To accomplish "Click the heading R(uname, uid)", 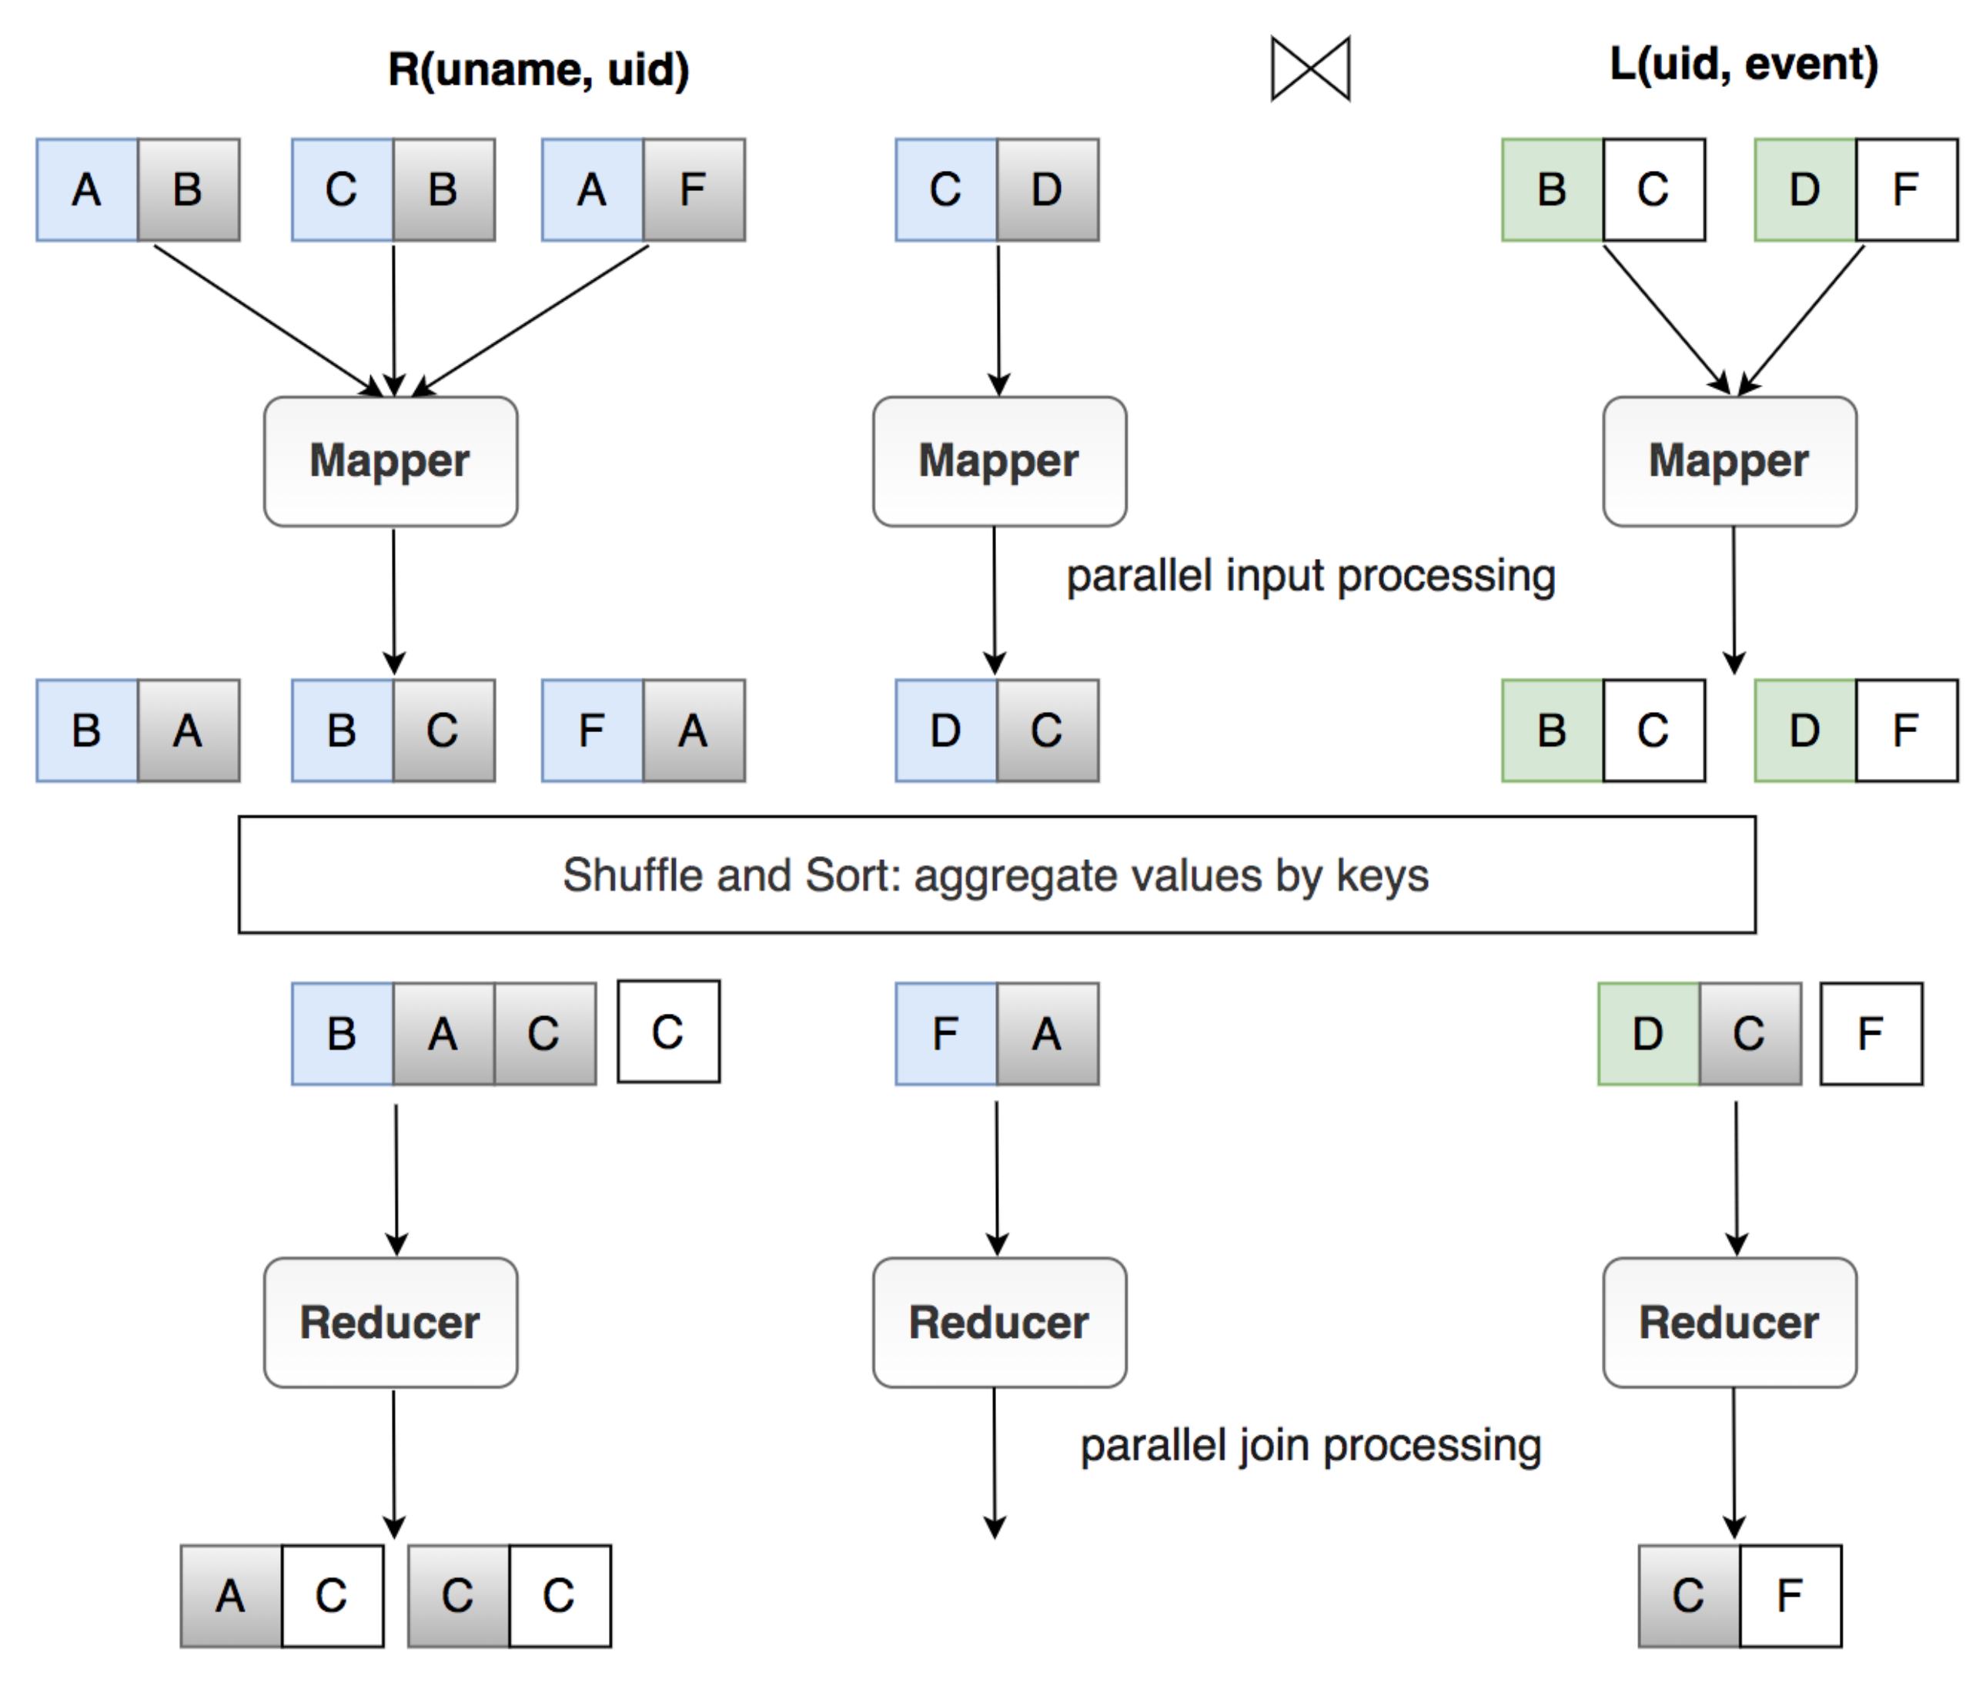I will pyautogui.click(x=538, y=70).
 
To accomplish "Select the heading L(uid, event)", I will pyautogui.click(x=1743, y=64).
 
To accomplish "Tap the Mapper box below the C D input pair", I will pyautogui.click(x=998, y=461).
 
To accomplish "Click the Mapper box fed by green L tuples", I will pyautogui.click(x=1729, y=461).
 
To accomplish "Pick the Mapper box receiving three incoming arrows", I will pyautogui.click(x=390, y=461).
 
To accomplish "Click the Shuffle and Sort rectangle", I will pyautogui.click(x=996, y=874).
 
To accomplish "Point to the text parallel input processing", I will pyautogui.click(x=1310, y=576).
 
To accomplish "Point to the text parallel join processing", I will pyautogui.click(x=1310, y=1445).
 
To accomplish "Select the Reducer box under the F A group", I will pyautogui.click(x=998, y=1322).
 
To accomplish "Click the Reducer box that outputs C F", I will pyautogui.click(x=1729, y=1322).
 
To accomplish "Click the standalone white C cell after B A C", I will pyautogui.click(x=668, y=1032).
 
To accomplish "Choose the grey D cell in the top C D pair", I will pyautogui.click(x=1048, y=189).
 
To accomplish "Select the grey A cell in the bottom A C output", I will pyautogui.click(x=231, y=1596).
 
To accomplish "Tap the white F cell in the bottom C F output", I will pyautogui.click(x=1790, y=1596).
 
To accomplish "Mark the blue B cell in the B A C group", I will pyautogui.click(x=343, y=1033).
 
